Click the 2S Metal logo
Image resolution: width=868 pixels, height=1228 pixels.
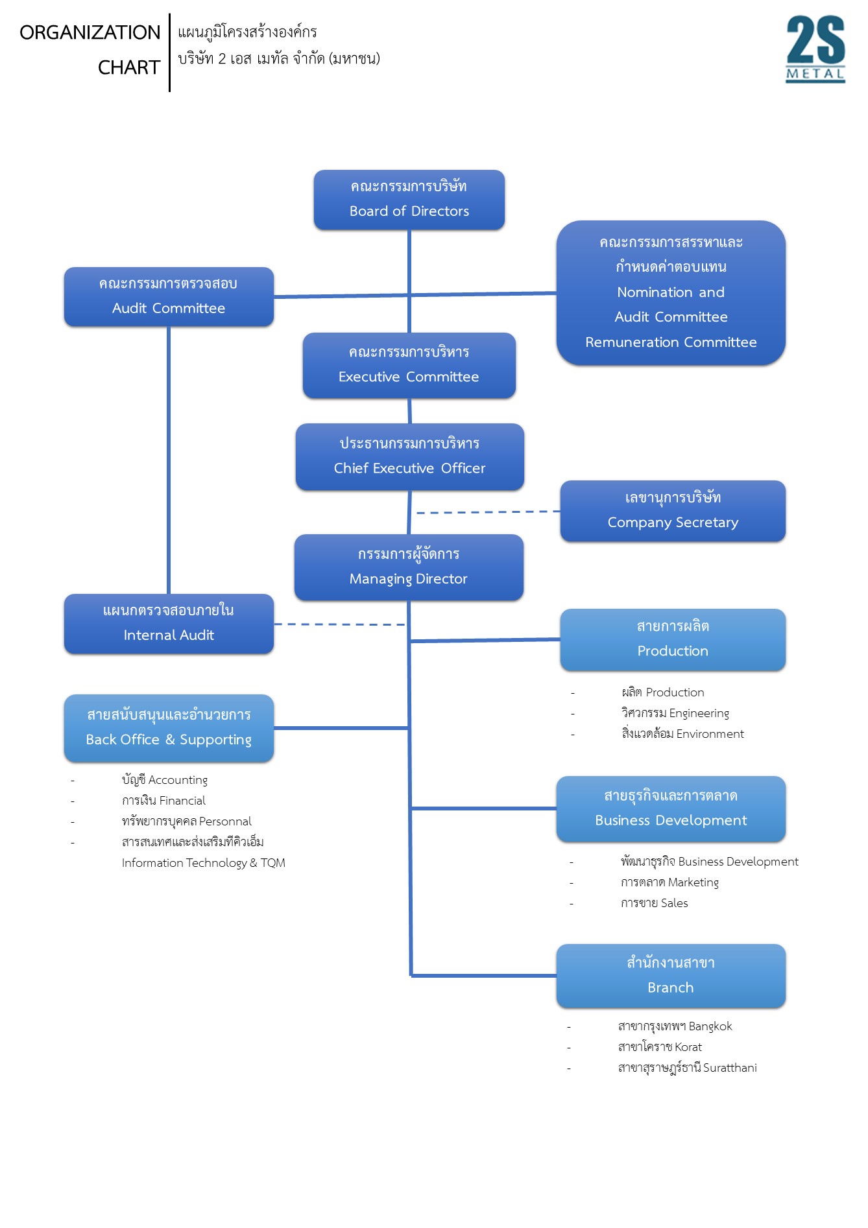point(815,49)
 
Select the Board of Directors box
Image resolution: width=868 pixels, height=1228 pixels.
point(409,200)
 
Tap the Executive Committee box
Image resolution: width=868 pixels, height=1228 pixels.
point(409,365)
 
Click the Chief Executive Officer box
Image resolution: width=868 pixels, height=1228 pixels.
point(410,456)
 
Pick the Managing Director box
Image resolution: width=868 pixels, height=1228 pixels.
point(409,567)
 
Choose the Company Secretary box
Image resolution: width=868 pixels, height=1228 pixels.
point(673,511)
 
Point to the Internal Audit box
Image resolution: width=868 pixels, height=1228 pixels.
point(169,624)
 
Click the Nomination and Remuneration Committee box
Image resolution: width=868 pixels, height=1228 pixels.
point(671,292)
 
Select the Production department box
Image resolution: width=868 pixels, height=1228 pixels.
point(673,640)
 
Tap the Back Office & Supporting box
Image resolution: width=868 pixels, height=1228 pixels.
point(169,728)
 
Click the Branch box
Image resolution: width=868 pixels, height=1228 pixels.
point(671,976)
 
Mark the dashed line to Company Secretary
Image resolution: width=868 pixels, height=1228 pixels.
point(488,512)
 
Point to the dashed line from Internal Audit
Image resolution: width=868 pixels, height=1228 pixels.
point(340,624)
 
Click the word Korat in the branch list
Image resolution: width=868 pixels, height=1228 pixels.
point(688,1047)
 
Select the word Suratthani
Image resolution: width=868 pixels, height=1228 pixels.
point(730,1068)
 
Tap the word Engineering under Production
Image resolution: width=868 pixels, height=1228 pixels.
point(699,714)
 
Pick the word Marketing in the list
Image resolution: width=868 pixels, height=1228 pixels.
point(693,882)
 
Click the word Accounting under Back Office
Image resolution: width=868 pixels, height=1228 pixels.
point(178,780)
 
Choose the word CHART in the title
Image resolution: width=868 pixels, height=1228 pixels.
point(129,67)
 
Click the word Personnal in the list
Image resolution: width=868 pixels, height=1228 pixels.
point(225,821)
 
